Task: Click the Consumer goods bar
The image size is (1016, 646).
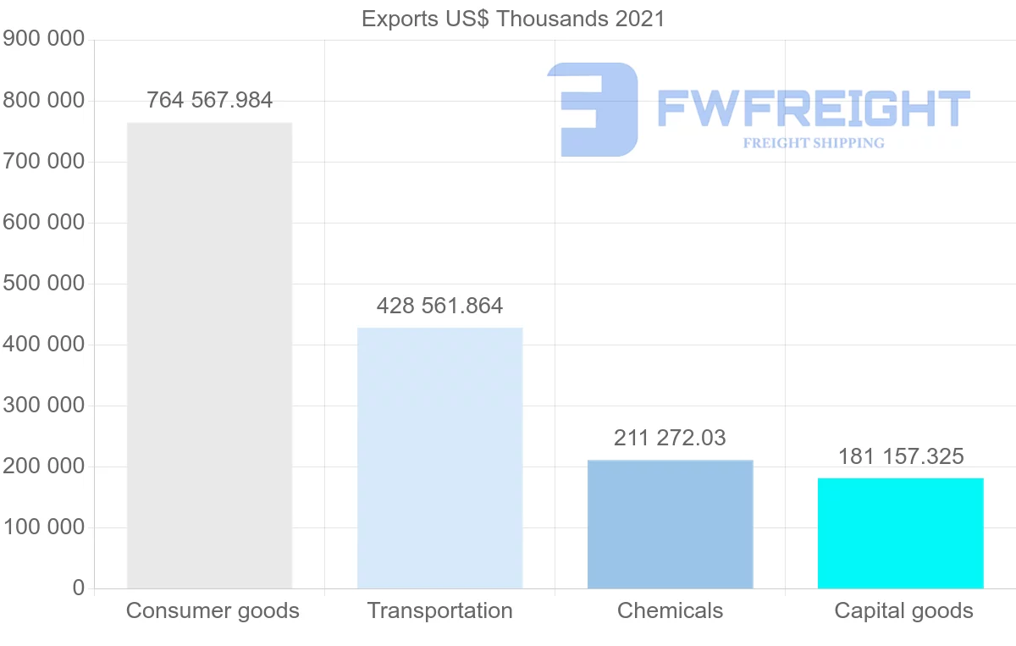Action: coord(209,356)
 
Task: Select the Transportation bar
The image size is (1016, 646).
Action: coord(439,458)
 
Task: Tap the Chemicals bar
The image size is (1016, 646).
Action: coord(670,524)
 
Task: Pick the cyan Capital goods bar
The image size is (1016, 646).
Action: coord(900,533)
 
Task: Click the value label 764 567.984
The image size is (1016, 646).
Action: coord(209,100)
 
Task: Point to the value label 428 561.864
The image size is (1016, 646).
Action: coord(439,306)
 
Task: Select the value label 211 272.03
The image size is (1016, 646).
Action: coord(670,438)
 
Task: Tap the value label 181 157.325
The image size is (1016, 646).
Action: coord(900,457)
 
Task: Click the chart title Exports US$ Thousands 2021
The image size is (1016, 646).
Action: coord(513,19)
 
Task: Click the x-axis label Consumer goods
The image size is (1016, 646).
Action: coord(213,610)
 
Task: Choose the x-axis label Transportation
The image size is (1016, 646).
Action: coord(439,610)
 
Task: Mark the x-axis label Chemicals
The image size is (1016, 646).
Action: coord(670,610)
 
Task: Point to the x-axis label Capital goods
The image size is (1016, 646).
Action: coord(903,610)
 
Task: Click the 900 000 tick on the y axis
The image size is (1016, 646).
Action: coord(43,39)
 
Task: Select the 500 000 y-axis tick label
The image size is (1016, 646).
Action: coord(43,283)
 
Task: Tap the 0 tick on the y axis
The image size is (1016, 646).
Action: coord(79,588)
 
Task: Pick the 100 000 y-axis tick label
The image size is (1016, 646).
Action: coord(43,527)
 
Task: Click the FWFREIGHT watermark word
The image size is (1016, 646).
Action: coord(813,109)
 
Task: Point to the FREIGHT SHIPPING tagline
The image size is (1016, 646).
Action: coord(813,143)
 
